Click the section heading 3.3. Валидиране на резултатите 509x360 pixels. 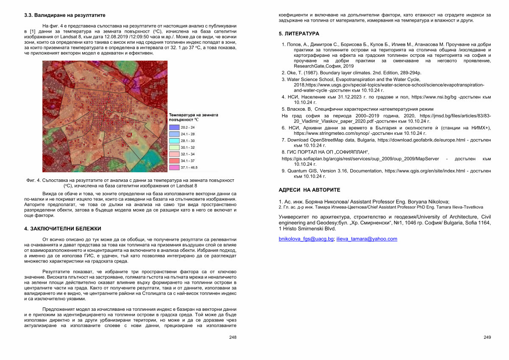(64, 15)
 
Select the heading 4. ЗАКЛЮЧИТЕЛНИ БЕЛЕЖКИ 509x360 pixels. (63, 229)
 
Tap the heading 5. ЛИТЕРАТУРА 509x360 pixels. (299, 33)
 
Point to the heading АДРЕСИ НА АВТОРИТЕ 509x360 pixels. (309, 190)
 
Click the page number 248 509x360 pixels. (232, 337)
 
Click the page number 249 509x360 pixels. (487, 337)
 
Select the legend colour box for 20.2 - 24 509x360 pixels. (174, 127)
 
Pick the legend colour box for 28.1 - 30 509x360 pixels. (174, 140)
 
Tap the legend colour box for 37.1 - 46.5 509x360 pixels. (174, 167)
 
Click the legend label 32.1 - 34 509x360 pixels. (188, 154)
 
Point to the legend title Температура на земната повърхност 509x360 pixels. (193, 117)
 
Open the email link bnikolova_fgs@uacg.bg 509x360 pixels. (306, 239)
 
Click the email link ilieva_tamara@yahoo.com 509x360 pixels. (366, 239)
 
